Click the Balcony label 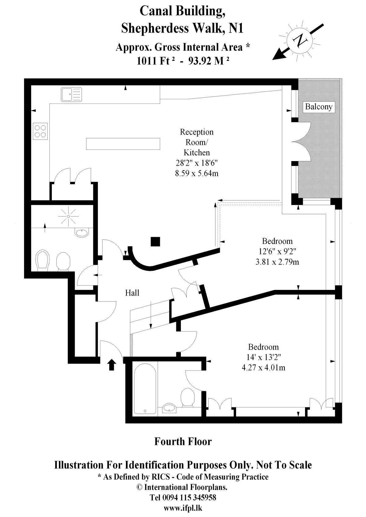pyautogui.click(x=319, y=107)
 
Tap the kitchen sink pyautogui.click(x=71, y=94)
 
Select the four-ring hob pyautogui.click(x=40, y=131)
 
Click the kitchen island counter pyautogui.click(x=123, y=144)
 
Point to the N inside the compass pyautogui.click(x=300, y=40)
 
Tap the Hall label pyautogui.click(x=132, y=293)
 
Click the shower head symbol pyautogui.click(x=68, y=216)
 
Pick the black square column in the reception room pyautogui.click(x=155, y=242)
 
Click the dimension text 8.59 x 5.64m pyautogui.click(x=197, y=173)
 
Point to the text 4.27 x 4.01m pyautogui.click(x=263, y=368)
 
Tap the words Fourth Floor pyautogui.click(x=183, y=441)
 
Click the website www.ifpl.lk pyautogui.click(x=183, y=508)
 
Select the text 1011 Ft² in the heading pyautogui.click(x=156, y=61)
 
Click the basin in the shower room pyautogui.click(x=82, y=232)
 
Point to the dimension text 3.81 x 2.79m pyautogui.click(x=277, y=262)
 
